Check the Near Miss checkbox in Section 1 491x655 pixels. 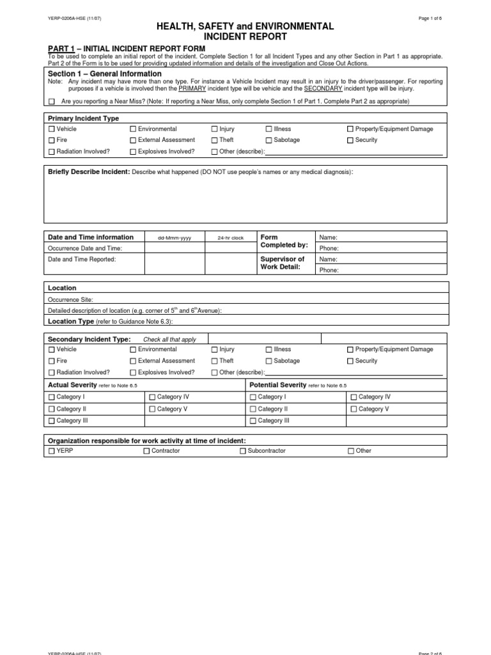click(x=52, y=102)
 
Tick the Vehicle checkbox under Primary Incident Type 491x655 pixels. click(x=52, y=129)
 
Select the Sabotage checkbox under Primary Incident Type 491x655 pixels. click(x=269, y=140)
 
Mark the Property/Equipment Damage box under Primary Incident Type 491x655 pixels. click(x=350, y=129)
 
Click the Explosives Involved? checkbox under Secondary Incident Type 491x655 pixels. click(x=133, y=372)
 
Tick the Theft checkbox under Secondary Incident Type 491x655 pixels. click(x=215, y=361)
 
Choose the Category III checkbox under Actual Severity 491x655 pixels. click(x=52, y=421)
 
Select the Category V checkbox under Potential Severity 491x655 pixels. click(x=354, y=409)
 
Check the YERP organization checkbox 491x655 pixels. click(x=52, y=451)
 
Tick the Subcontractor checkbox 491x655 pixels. click(x=243, y=451)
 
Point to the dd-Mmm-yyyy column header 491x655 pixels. click(x=175, y=238)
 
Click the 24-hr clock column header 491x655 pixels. click(x=230, y=238)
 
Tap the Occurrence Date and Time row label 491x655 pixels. click(x=85, y=248)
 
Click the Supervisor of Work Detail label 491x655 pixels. click(x=283, y=263)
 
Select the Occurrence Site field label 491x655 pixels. click(x=70, y=299)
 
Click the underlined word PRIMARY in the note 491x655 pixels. click(x=192, y=89)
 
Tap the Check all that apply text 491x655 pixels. click(x=169, y=340)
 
